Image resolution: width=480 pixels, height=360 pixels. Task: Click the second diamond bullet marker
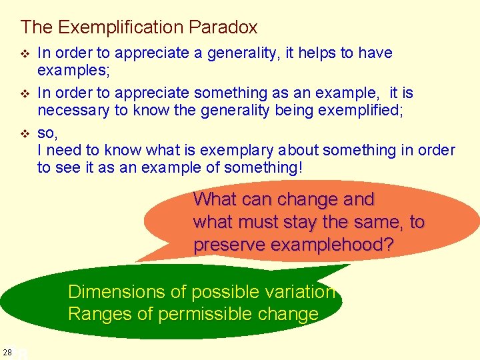(x=25, y=93)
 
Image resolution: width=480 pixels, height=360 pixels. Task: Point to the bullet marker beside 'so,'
(x=25, y=133)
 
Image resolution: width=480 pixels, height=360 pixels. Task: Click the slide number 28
(x=7, y=352)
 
